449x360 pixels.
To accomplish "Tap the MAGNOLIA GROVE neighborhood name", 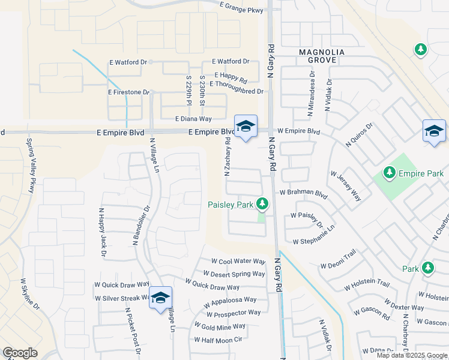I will coord(322,56).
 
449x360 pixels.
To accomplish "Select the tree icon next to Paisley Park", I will coord(262,205).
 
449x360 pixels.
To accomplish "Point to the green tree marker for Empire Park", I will coord(389,173).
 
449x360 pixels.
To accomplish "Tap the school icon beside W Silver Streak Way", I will coord(160,298).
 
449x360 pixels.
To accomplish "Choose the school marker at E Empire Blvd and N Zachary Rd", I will coord(245,127).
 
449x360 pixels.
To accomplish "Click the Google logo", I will coord(20,353).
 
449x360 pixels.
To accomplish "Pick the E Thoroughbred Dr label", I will coord(236,91).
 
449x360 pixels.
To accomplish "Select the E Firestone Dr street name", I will coord(128,92).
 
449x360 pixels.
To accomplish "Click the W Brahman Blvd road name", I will coord(303,193).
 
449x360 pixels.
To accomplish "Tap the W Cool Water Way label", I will coord(238,262).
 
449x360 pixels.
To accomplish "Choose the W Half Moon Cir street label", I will coord(217,340).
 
